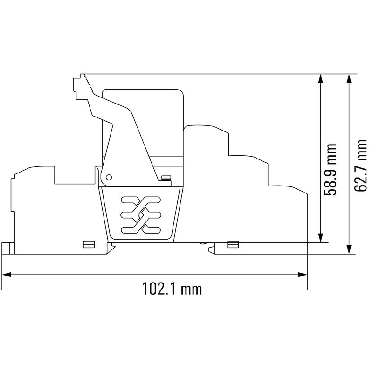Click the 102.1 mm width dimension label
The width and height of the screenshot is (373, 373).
click(172, 289)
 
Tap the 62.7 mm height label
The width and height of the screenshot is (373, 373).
click(360, 165)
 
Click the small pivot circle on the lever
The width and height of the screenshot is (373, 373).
click(109, 177)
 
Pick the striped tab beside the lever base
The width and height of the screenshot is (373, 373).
click(166, 177)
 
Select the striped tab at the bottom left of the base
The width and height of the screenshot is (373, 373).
click(86, 244)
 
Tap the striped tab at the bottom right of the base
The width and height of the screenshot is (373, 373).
click(232, 244)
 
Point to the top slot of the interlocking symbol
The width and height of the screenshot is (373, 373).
click(140, 201)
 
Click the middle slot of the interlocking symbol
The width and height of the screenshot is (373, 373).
click(140, 215)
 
